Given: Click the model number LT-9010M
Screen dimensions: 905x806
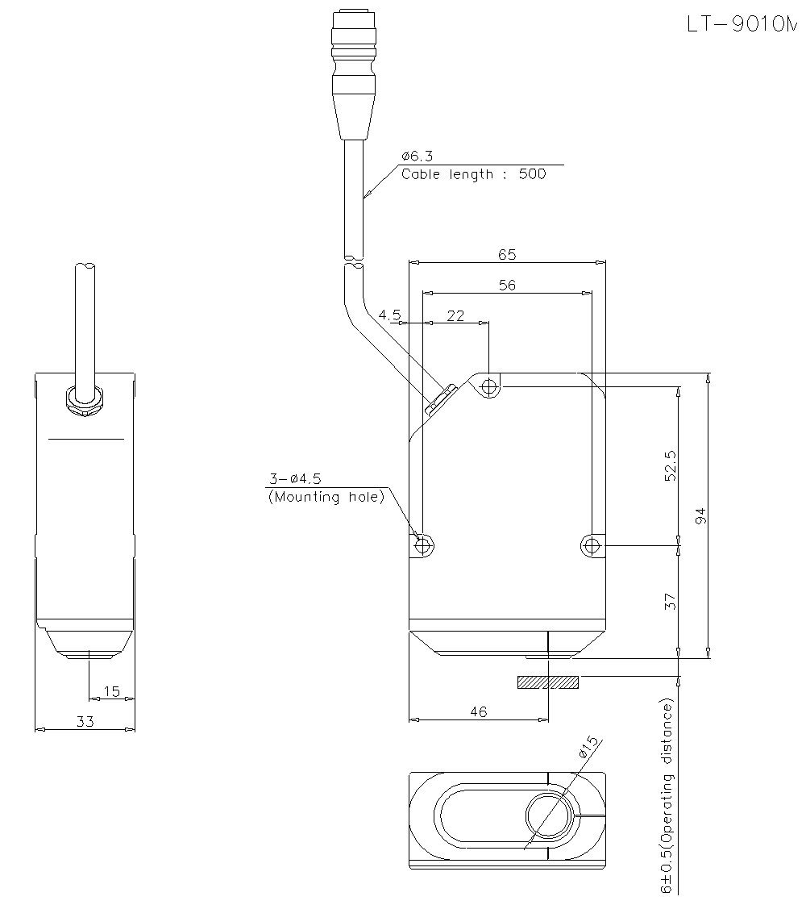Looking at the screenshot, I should (x=741, y=24).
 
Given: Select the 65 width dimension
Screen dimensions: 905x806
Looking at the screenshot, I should (x=506, y=254).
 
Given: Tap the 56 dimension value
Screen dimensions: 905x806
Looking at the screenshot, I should (x=507, y=285).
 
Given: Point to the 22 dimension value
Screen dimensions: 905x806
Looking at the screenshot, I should (x=455, y=316).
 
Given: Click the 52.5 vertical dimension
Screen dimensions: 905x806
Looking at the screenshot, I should (x=671, y=465).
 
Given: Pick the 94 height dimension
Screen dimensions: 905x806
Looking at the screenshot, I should (x=700, y=516).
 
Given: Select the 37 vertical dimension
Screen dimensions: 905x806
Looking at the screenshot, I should (x=671, y=601).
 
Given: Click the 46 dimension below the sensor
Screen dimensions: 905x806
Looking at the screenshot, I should (x=478, y=711).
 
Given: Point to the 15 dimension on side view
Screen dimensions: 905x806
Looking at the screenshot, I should (x=111, y=691).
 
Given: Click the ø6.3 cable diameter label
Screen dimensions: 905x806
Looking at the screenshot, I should (x=417, y=156).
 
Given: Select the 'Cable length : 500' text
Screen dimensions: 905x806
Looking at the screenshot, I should (x=473, y=174).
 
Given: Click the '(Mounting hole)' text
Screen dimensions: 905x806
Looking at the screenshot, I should (x=326, y=497).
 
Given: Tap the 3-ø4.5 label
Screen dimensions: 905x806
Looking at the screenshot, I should (x=293, y=479).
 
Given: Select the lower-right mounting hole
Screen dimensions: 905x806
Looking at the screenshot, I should (x=592, y=546).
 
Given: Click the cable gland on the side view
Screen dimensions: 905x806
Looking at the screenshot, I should (x=84, y=398).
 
